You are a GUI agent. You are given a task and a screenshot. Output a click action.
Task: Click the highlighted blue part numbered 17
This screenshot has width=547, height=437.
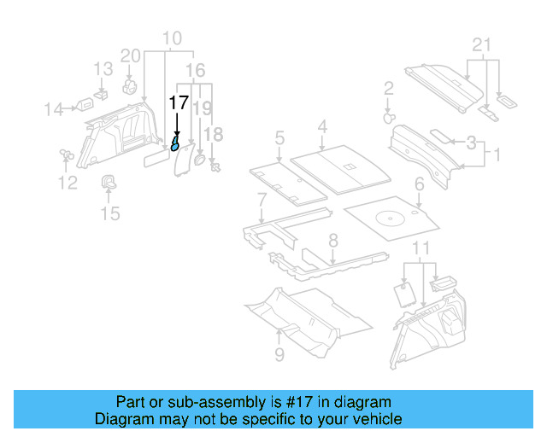click(175, 143)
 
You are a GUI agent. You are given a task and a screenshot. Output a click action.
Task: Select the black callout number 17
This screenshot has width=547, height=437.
click(178, 102)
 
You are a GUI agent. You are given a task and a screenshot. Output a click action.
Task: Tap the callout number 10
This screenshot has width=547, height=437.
click(172, 38)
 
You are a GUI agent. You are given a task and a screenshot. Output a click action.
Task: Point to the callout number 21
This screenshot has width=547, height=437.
click(482, 45)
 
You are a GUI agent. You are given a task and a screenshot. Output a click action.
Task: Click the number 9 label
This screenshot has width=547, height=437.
click(279, 353)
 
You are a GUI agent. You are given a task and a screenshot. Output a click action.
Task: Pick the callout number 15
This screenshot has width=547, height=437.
click(110, 213)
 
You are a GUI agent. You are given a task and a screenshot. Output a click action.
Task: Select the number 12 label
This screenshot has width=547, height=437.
click(67, 182)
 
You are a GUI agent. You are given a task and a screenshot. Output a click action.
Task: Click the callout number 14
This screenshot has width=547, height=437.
click(55, 108)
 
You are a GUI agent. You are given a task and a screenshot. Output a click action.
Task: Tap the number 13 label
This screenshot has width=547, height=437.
click(103, 68)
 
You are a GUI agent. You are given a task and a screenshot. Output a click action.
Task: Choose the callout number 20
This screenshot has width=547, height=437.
click(130, 55)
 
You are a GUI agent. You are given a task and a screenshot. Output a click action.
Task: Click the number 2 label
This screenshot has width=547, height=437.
click(388, 88)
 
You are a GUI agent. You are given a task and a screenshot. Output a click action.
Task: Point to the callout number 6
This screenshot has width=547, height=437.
click(419, 184)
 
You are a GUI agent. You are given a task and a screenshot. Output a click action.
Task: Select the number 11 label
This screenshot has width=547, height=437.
click(420, 248)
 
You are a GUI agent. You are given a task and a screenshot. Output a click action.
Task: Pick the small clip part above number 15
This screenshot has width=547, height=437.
click(110, 180)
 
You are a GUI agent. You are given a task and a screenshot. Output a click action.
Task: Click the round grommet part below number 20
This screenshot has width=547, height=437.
click(131, 85)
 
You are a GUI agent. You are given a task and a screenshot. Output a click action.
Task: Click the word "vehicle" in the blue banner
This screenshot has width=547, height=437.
click(376, 419)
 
